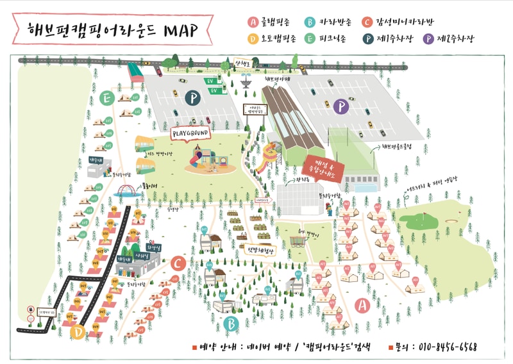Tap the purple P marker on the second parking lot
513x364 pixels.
coord(342,106)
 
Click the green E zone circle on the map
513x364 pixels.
coord(108,98)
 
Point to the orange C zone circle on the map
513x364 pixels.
coord(178,262)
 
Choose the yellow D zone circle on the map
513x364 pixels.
coord(78,331)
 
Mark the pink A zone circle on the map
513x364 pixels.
coord(362,306)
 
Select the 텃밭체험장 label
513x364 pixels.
coord(258,251)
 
